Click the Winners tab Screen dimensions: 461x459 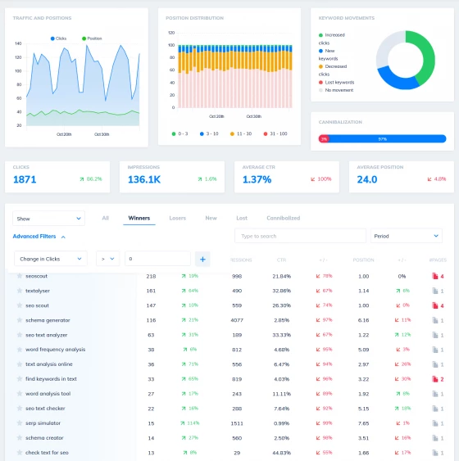pyautogui.click(x=139, y=218)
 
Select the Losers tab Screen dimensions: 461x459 pyautogui.click(x=177, y=218)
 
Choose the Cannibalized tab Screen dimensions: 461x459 pyautogui.click(x=283, y=218)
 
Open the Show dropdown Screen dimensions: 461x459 pyautogui.click(x=48, y=219)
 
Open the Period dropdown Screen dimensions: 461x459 pyautogui.click(x=406, y=236)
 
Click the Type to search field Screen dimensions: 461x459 pyautogui.click(x=299, y=236)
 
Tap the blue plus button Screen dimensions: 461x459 pyautogui.click(x=202, y=259)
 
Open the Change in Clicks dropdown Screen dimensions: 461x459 pyautogui.click(x=50, y=259)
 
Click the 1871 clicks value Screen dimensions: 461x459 pyautogui.click(x=25, y=179)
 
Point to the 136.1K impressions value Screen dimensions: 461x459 pyautogui.click(x=143, y=179)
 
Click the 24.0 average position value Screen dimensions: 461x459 pyautogui.click(x=366, y=179)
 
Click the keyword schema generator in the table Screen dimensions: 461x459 pyautogui.click(x=48, y=320)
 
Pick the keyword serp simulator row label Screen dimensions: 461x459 pyautogui.click(x=43, y=423)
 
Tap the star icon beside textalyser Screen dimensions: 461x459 pyautogui.click(x=20, y=291)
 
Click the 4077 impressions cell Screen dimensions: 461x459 pyautogui.click(x=237, y=320)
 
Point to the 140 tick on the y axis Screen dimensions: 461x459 pyautogui.click(x=18, y=43)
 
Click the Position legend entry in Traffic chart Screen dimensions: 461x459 pyautogui.click(x=92, y=38)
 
